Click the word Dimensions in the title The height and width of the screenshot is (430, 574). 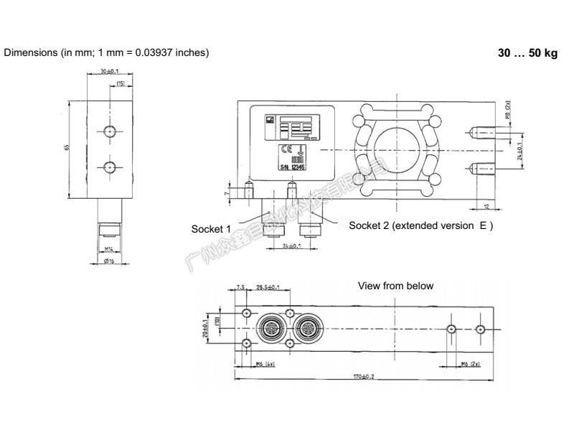tap(31, 53)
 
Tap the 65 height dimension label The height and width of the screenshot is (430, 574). tap(67, 148)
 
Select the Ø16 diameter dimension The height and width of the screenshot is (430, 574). tap(108, 261)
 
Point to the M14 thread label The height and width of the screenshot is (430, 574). tap(109, 248)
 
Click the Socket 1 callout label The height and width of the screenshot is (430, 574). tap(210, 229)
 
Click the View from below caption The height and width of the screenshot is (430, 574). tap(395, 286)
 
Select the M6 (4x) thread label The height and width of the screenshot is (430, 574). tap(265, 364)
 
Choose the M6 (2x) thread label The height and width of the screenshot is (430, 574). tap(470, 364)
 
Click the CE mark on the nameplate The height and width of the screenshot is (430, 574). tap(285, 149)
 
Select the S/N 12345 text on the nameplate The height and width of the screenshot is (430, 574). tap(291, 167)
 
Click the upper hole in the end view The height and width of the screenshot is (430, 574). tap(109, 131)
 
